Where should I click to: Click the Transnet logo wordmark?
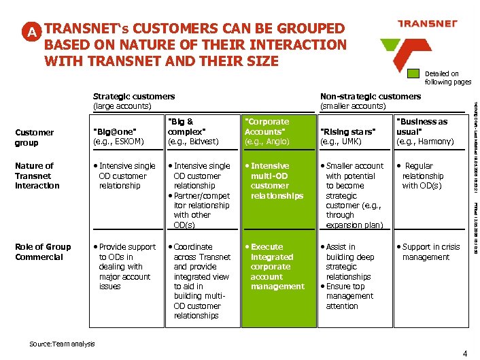426,24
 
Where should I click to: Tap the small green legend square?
413,76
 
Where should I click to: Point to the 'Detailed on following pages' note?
447,78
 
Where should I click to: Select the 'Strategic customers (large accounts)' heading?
133,101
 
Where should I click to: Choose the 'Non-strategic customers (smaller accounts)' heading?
370,101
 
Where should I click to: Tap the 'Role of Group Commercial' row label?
42,252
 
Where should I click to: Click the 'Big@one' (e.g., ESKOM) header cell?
120,136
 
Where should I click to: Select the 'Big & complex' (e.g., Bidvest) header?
193,131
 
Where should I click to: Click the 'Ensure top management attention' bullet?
349,296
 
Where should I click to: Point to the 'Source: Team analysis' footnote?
62,344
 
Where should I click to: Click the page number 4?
464,353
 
